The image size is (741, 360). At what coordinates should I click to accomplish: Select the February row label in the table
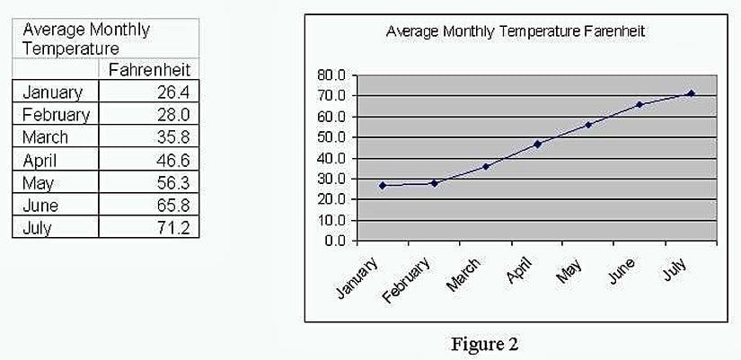pos(55,114)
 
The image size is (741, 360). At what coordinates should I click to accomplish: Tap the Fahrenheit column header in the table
pos(149,69)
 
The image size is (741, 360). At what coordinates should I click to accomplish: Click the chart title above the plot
pos(516,31)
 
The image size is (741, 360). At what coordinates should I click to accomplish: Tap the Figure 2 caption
pos(486,344)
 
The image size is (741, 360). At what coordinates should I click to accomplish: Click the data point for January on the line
pos(383,185)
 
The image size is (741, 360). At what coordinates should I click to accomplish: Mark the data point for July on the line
pos(691,93)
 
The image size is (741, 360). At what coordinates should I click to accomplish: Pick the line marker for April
pos(537,144)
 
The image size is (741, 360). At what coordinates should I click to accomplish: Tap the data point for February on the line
pos(434,182)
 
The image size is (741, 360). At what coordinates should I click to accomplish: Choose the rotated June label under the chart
pos(621,270)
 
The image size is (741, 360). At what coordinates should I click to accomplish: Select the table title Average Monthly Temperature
pos(85,39)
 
